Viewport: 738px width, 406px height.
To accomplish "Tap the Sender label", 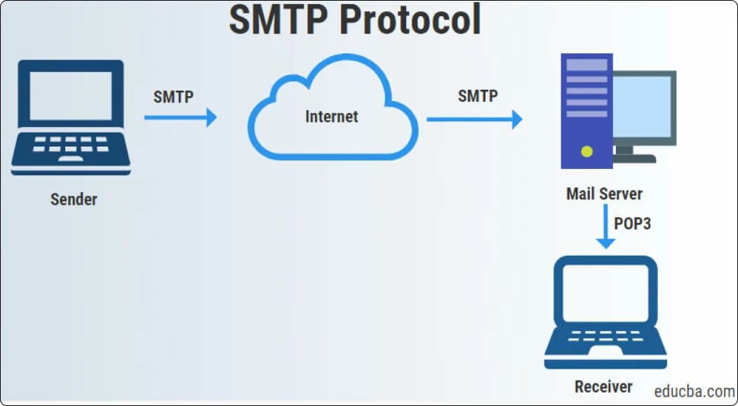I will [x=74, y=199].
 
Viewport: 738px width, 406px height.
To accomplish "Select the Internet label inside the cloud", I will [x=331, y=116].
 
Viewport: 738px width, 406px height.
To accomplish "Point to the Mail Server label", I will [x=604, y=194].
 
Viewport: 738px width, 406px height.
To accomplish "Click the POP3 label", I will [x=633, y=224].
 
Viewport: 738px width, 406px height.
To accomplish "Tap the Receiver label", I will [x=603, y=386].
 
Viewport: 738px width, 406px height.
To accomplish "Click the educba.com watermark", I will [x=694, y=391].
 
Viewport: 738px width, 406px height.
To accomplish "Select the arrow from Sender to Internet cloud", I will [x=180, y=118].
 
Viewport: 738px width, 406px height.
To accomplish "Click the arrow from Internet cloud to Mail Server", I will [x=474, y=119].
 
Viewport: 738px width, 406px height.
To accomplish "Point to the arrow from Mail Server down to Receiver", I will [x=605, y=228].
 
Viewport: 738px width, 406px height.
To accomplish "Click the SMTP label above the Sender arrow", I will [x=173, y=97].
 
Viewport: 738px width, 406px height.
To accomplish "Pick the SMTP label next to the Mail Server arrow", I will [x=478, y=96].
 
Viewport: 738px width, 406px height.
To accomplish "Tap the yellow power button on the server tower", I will [x=587, y=151].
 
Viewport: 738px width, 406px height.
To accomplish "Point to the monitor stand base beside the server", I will [x=634, y=158].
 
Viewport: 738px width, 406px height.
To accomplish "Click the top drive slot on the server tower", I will [x=586, y=65].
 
